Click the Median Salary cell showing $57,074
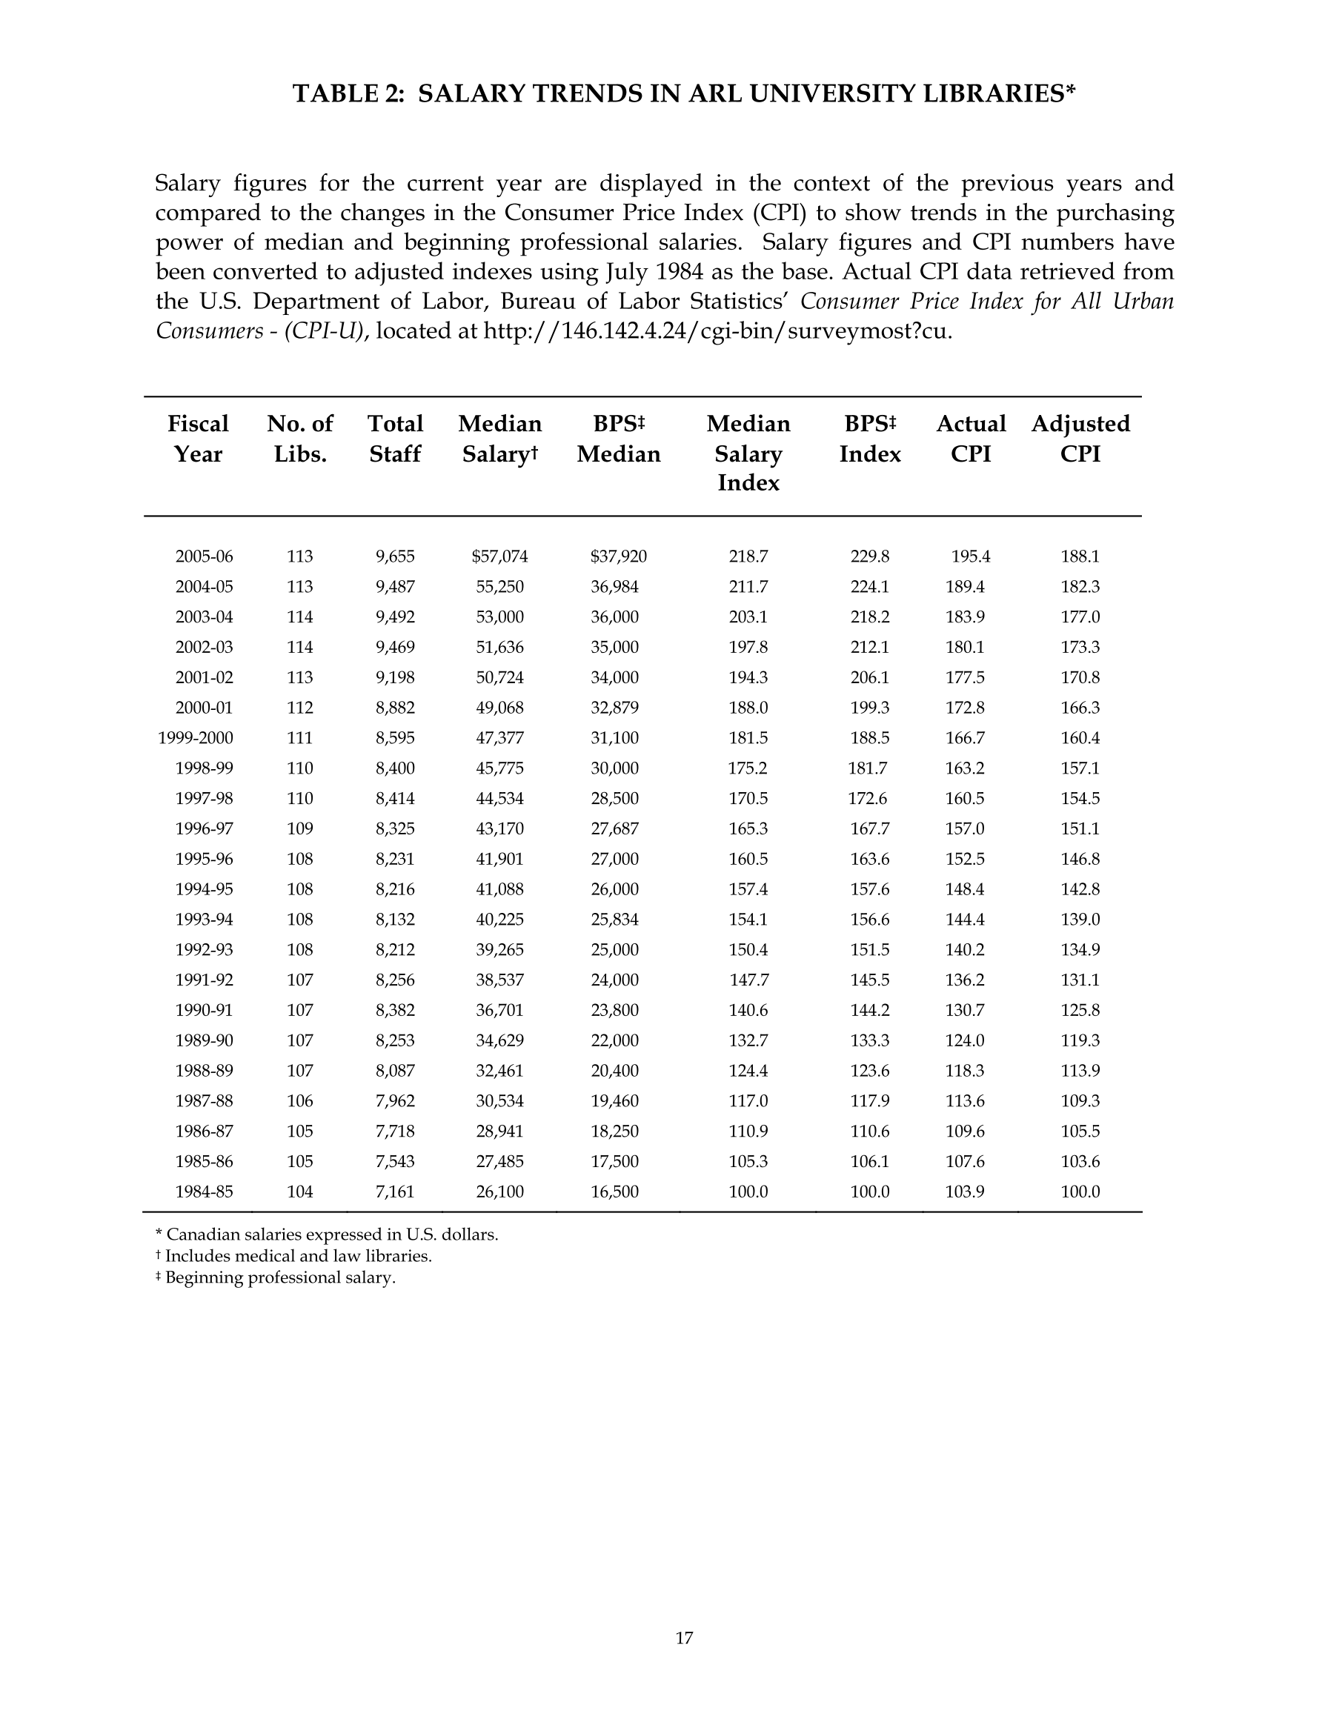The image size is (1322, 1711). click(499, 557)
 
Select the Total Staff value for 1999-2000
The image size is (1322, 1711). click(395, 738)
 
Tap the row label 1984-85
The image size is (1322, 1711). click(204, 1192)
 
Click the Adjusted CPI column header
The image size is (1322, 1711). click(1080, 439)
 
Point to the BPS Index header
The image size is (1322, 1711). click(870, 439)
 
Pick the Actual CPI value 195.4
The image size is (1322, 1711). click(970, 557)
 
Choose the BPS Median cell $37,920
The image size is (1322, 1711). click(618, 557)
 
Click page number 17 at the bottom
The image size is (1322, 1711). click(683, 1638)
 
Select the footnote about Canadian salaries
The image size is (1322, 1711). click(327, 1235)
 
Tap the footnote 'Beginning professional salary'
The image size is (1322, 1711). click(276, 1278)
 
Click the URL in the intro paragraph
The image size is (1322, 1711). click(717, 330)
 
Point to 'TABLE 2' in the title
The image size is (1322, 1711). click(347, 94)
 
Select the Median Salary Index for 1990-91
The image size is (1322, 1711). click(748, 1010)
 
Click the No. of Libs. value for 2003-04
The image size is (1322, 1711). click(299, 617)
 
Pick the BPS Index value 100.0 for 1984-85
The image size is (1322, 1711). click(870, 1192)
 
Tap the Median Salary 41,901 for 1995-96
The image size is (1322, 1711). click(499, 859)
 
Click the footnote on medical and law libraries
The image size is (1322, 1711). click(294, 1256)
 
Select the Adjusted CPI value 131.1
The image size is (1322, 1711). click(1080, 980)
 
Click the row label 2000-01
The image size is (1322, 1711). click(204, 708)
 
